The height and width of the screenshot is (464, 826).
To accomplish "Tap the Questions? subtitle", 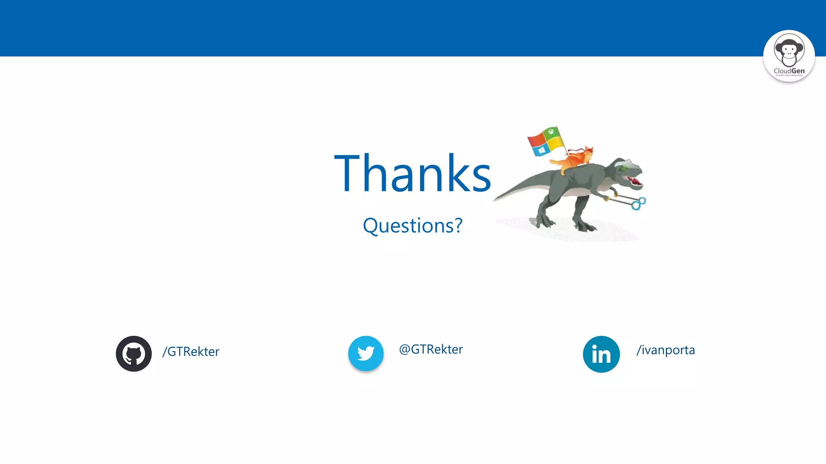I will pyautogui.click(x=413, y=226).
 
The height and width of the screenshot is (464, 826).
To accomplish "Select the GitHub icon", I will pyautogui.click(x=133, y=354).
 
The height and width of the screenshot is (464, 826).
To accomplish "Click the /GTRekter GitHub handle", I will pyautogui.click(x=191, y=352).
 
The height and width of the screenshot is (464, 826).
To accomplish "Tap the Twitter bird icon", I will pyautogui.click(x=366, y=354).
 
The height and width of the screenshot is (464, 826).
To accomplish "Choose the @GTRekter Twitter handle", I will pyautogui.click(x=431, y=349).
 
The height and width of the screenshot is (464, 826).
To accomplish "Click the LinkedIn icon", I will pyautogui.click(x=601, y=354).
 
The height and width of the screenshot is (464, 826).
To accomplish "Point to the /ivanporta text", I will pyautogui.click(x=665, y=350).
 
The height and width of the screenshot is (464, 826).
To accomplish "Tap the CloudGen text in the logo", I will pyautogui.click(x=789, y=71).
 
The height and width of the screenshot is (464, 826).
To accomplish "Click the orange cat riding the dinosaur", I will pyautogui.click(x=575, y=159).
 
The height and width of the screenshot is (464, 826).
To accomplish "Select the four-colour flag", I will pyautogui.click(x=545, y=141).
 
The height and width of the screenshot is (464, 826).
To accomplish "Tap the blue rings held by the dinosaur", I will pyautogui.click(x=638, y=203).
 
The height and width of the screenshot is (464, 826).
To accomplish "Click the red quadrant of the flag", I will pyautogui.click(x=536, y=140).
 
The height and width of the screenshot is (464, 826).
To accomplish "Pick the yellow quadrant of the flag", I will pyautogui.click(x=555, y=143).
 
